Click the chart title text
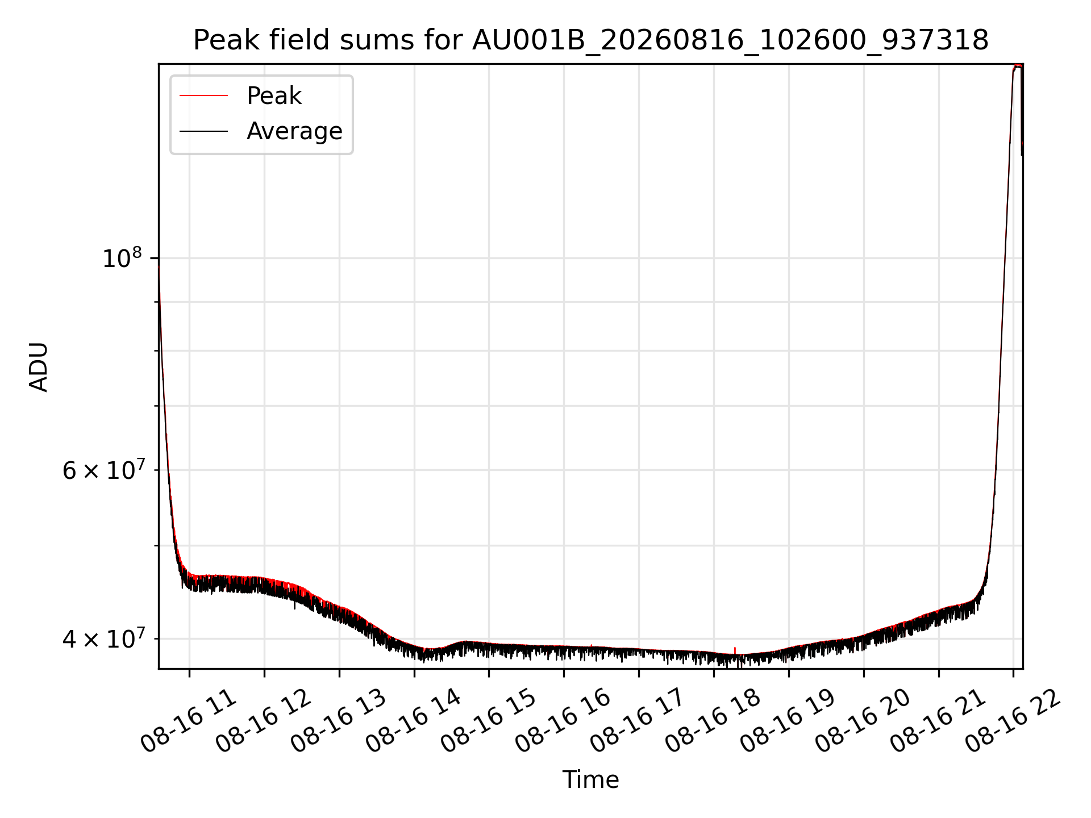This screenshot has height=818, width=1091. (591, 40)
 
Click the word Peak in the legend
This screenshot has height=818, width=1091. (274, 95)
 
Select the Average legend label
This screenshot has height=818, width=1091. (294, 131)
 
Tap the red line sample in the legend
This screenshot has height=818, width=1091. (203, 96)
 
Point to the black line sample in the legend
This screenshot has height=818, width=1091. (203, 131)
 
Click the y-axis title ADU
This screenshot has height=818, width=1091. (39, 366)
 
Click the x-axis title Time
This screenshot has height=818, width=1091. (590, 780)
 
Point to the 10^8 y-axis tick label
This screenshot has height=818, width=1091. (122, 258)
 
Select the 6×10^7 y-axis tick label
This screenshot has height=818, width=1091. (103, 470)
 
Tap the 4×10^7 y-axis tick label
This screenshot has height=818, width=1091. (103, 638)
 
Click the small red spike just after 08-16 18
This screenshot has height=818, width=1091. (735, 650)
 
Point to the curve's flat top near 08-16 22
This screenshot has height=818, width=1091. (1018, 66)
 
